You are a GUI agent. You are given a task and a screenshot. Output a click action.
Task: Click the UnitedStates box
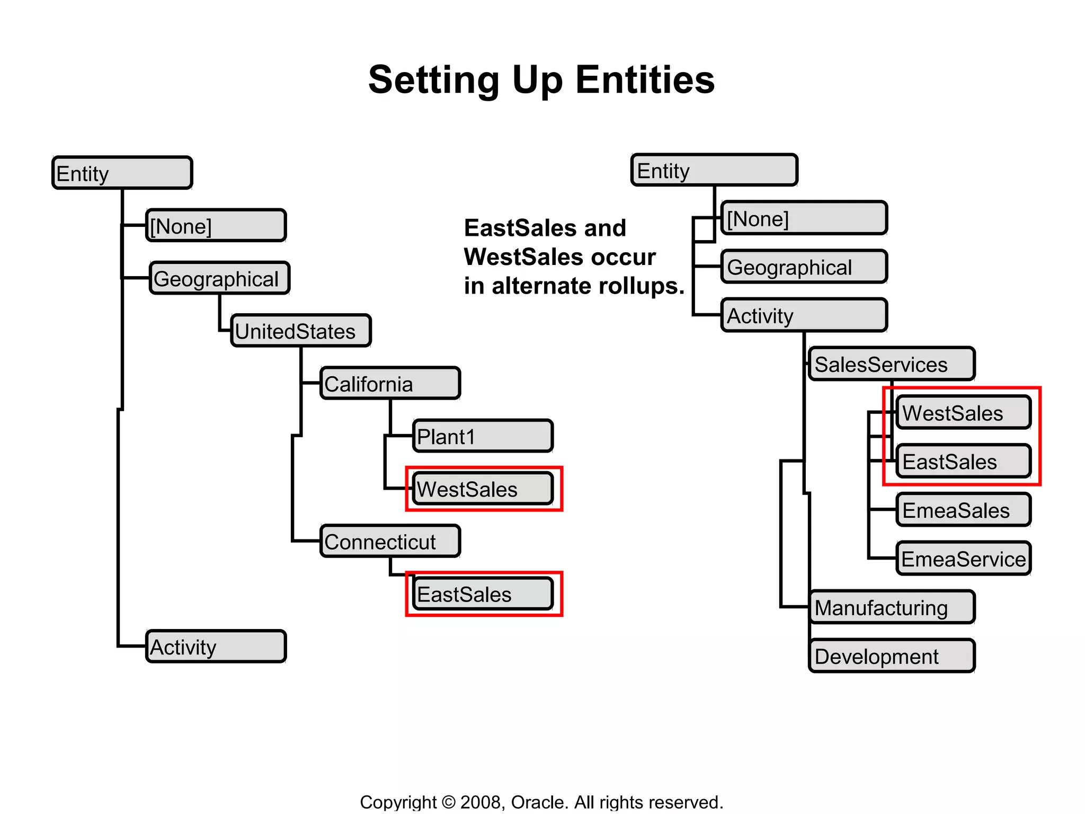point(301,331)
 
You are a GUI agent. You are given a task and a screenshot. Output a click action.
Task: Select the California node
point(390,383)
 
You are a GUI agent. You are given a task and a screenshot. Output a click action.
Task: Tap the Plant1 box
point(483,436)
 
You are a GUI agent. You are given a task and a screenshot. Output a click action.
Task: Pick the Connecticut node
point(390,541)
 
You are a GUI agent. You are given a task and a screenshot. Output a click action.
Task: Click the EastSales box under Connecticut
point(483,594)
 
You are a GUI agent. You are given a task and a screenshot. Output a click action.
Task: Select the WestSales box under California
point(483,489)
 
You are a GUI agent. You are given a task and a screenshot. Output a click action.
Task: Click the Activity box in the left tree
point(216,647)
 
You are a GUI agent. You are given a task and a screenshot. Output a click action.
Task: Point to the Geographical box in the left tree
point(219,278)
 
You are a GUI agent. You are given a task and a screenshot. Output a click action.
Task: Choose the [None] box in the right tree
point(804,218)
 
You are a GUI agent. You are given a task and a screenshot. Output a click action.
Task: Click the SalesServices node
point(892,364)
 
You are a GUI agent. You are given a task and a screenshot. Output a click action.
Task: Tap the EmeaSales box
point(963,510)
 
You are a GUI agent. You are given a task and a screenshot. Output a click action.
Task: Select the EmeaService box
point(963,559)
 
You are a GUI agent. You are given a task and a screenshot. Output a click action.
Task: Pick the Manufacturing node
point(892,607)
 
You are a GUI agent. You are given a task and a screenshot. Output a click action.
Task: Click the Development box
point(892,656)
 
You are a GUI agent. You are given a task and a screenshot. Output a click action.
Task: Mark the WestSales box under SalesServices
point(963,412)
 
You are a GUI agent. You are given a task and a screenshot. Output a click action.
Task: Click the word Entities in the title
point(645,80)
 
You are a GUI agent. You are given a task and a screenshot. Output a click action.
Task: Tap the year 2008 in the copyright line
point(481,802)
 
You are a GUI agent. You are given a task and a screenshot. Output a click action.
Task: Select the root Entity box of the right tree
point(714,170)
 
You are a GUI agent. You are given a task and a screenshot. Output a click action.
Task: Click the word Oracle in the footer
point(538,802)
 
